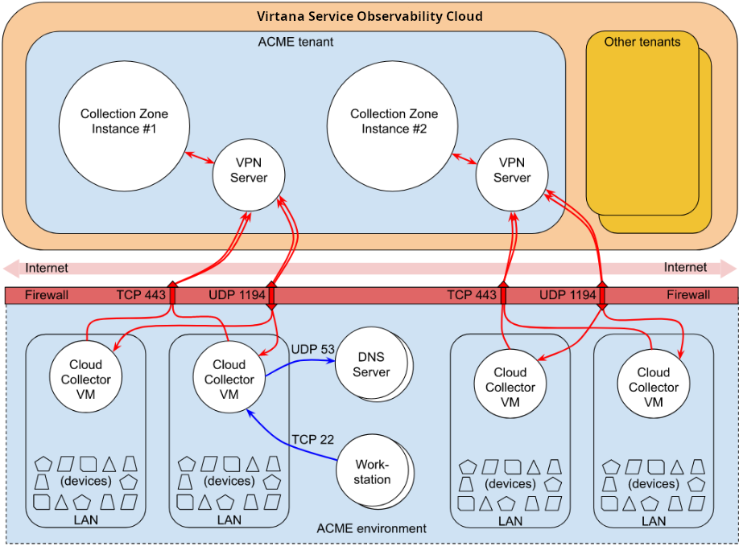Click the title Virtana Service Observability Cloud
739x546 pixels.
click(x=369, y=16)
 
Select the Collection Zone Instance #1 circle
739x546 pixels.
click(x=124, y=121)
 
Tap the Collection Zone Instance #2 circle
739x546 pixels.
click(x=393, y=121)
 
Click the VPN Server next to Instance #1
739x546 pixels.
click(x=248, y=170)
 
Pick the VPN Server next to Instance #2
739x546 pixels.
click(x=512, y=170)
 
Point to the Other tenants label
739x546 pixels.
click(x=642, y=42)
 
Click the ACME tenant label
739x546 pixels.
click(x=295, y=41)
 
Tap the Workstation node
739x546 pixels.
click(x=372, y=472)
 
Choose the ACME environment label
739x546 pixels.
click(x=371, y=528)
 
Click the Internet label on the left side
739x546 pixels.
click(x=47, y=268)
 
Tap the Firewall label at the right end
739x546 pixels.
click(x=688, y=295)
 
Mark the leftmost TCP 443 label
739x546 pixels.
click(x=140, y=295)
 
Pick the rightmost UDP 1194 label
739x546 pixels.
click(x=568, y=295)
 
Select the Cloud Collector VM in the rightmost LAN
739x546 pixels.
click(x=653, y=387)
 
